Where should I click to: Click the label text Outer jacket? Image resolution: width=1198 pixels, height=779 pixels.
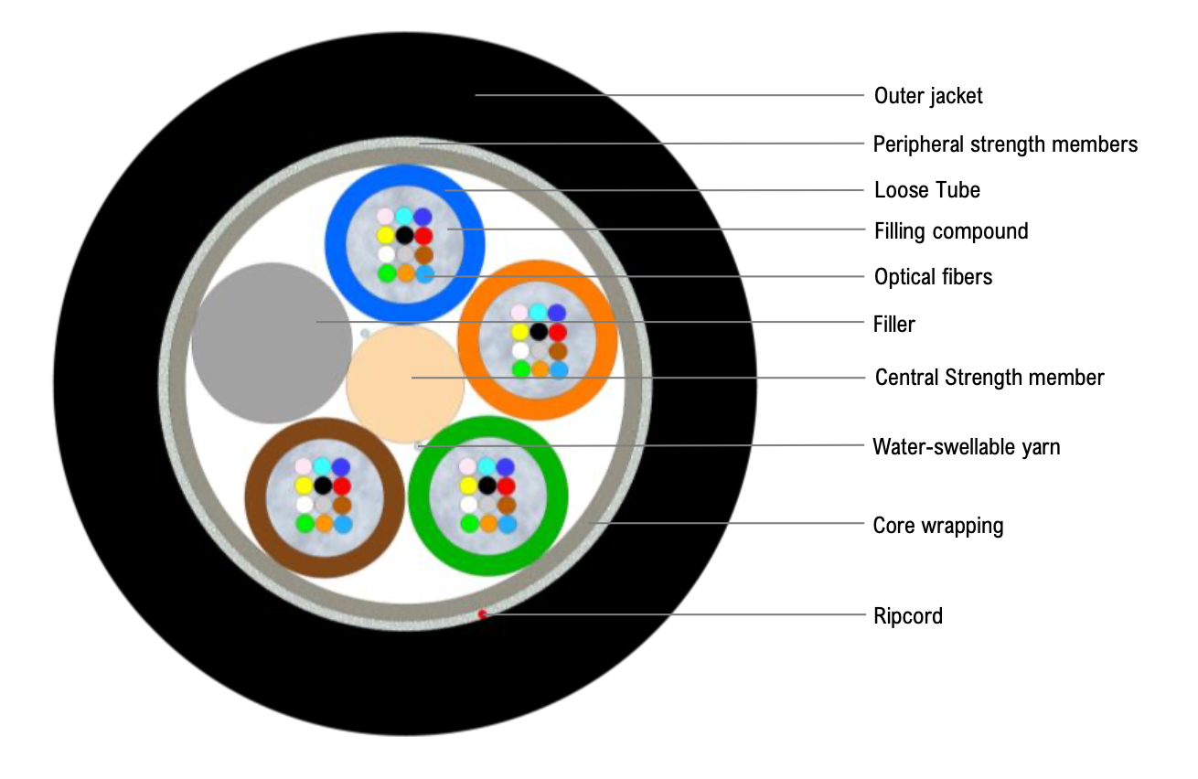click(928, 96)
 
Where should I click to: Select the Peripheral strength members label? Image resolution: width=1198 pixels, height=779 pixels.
click(1005, 144)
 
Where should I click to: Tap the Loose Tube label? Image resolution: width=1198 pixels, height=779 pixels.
click(927, 191)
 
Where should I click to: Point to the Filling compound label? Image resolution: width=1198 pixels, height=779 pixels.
click(951, 231)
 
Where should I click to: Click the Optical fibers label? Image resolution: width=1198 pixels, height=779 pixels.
click(933, 277)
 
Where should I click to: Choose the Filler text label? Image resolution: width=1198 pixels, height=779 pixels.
click(894, 324)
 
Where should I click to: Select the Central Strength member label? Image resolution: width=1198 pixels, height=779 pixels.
click(989, 378)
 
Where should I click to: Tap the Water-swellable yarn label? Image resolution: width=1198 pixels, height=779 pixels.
click(967, 447)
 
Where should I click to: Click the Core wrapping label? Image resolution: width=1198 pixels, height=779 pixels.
click(938, 526)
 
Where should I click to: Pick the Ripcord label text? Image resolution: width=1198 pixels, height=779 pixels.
click(908, 616)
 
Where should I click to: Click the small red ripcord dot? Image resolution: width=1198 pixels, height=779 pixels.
click(482, 614)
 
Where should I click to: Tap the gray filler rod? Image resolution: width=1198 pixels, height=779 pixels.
click(265, 343)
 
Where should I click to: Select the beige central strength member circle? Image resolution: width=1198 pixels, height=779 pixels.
click(405, 385)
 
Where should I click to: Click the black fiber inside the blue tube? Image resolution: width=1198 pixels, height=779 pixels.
click(405, 235)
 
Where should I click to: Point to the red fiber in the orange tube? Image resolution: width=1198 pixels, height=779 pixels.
click(558, 332)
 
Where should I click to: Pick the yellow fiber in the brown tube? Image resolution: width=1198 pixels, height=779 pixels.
click(303, 486)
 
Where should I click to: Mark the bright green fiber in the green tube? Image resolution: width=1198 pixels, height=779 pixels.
click(469, 524)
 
